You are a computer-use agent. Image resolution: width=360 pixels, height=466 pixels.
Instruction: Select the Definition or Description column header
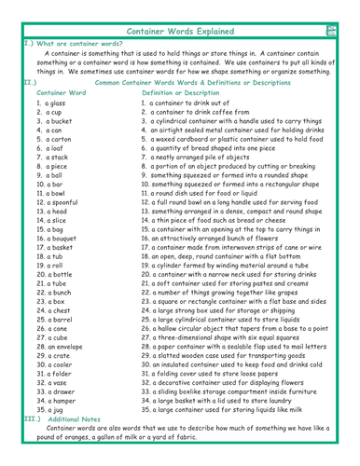point(190,93)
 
